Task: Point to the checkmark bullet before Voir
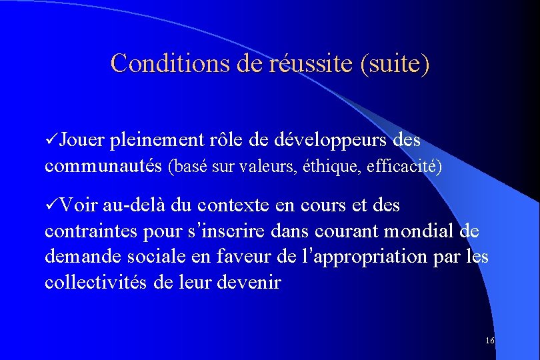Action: pyautogui.click(x=51, y=205)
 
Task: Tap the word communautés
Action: pyautogui.click(x=104, y=166)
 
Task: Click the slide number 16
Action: pyautogui.click(x=490, y=341)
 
